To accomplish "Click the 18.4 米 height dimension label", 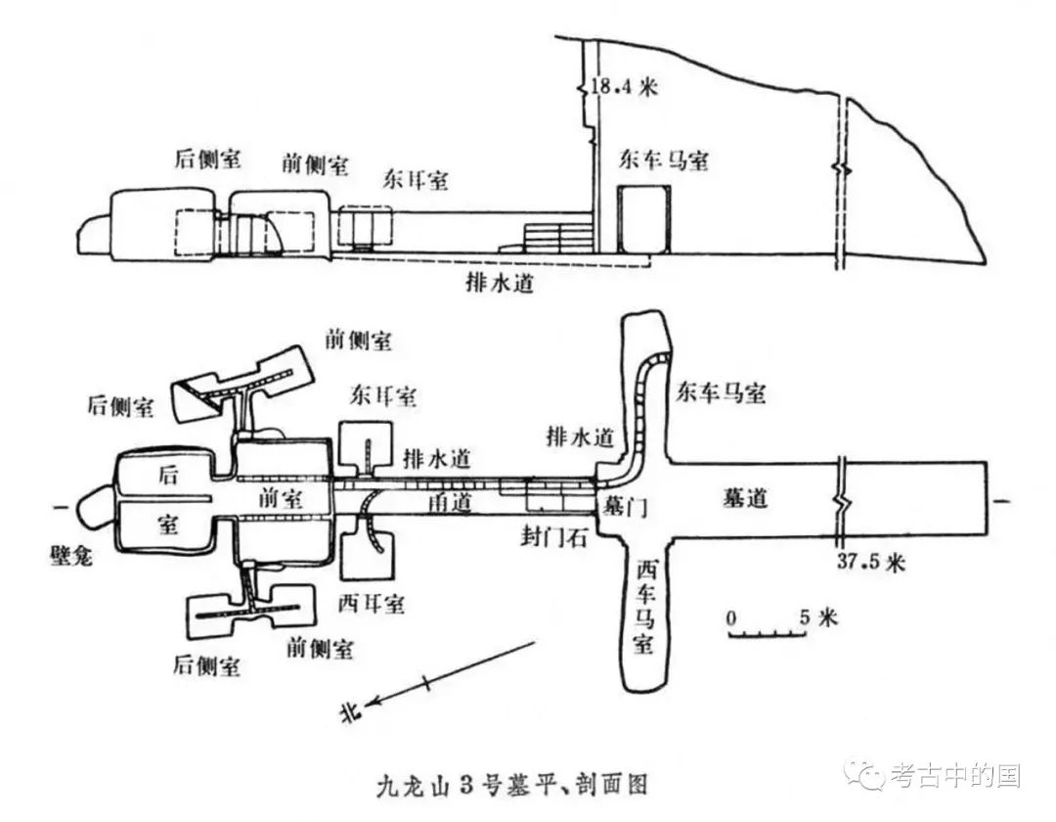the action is (624, 87).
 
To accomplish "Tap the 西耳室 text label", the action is (372, 603).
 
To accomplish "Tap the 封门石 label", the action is (554, 537).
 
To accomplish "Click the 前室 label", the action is (281, 499).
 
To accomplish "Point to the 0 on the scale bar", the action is (731, 617).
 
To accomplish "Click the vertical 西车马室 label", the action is (643, 606).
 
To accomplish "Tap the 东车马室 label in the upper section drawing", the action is (664, 160).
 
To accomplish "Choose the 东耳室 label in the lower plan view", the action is (382, 396).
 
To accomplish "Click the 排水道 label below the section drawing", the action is (500, 282).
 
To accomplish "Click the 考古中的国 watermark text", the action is (955, 775).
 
